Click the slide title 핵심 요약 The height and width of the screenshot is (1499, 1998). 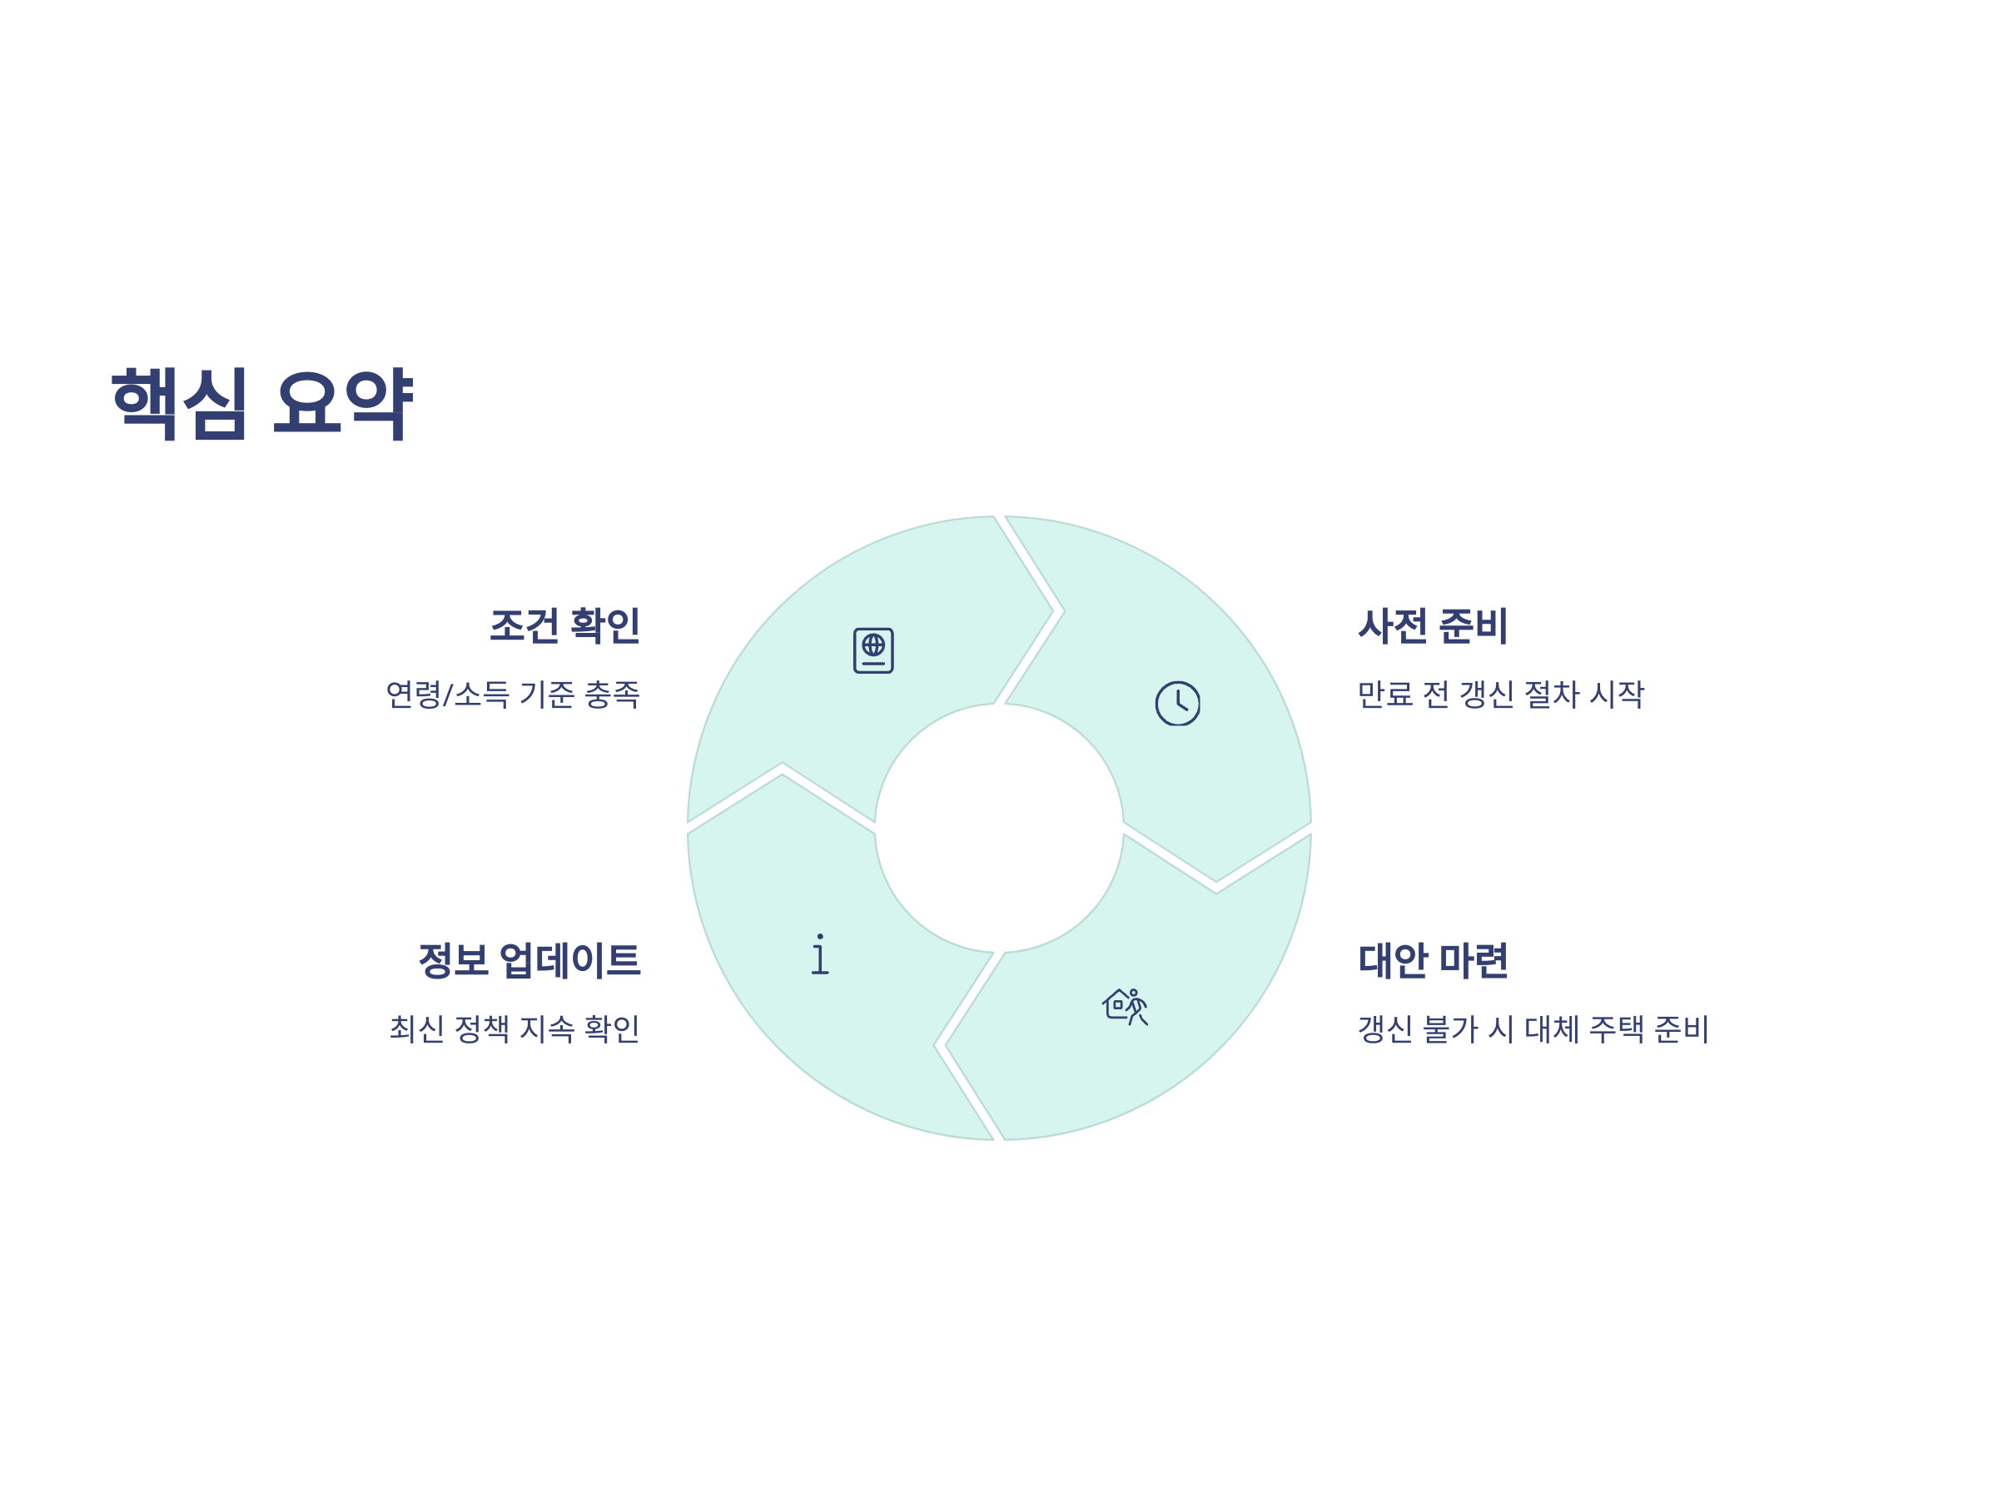coord(261,404)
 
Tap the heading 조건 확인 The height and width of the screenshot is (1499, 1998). coord(564,625)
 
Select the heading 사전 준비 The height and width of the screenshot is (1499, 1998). coord(1433,625)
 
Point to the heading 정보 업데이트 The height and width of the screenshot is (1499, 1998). coord(529,959)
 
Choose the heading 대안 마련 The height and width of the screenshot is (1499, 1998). coord(1433,959)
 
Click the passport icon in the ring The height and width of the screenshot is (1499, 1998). coord(873,650)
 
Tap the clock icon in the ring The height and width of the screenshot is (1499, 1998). coord(1178,703)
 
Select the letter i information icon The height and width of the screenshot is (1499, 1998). coord(819,954)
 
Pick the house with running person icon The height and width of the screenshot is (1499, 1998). coord(1125,1006)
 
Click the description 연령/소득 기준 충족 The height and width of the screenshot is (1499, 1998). coord(512,695)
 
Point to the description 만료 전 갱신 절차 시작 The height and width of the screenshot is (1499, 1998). coord(1500,695)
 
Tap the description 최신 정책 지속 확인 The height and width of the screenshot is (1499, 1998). coord(514,1028)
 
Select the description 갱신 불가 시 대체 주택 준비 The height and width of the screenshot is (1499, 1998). coord(1533,1028)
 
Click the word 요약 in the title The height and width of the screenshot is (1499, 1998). coord(342,404)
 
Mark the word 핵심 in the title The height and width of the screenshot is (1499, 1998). coord(179,404)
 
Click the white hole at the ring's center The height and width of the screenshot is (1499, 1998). coord(999,828)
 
